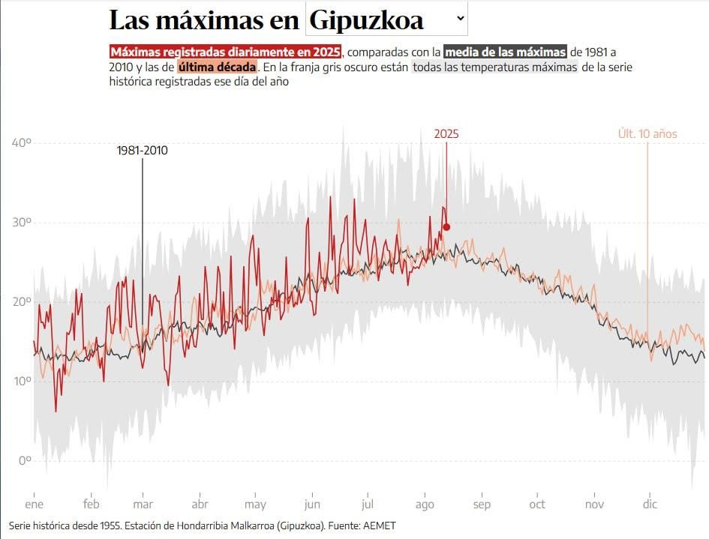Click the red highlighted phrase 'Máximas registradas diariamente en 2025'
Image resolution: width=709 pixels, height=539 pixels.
coord(225,52)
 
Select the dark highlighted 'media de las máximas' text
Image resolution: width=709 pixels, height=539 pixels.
coord(505,52)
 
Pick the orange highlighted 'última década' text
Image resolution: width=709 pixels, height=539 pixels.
coord(218,67)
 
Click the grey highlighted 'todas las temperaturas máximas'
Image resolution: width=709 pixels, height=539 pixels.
coord(495,67)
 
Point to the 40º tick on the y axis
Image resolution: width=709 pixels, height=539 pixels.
coord(20,142)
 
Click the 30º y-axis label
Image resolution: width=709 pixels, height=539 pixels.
coord(20,222)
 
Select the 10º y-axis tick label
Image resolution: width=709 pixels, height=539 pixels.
coord(20,381)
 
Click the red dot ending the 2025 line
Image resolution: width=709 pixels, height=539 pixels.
coord(446,227)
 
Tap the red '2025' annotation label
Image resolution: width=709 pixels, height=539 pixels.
coord(446,134)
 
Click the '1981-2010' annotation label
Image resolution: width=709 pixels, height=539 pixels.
coord(142,151)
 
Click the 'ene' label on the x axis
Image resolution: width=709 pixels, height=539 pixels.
coord(34,505)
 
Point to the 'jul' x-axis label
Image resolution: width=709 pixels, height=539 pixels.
coord(368,505)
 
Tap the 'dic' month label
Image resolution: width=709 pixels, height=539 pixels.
coord(650,505)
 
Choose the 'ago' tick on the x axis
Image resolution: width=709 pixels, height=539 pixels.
coord(425,505)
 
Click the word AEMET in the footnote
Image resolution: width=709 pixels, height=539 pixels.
coord(379,526)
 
